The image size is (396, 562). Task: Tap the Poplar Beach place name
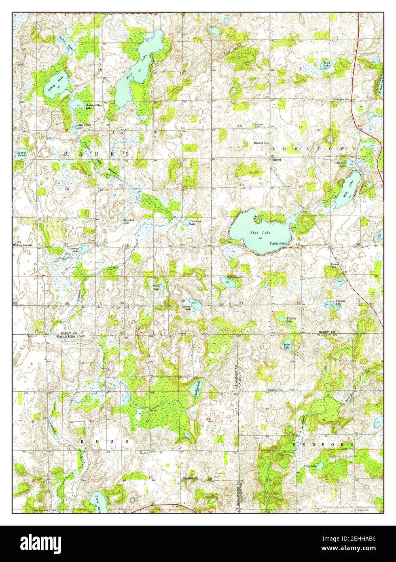(x=278, y=243)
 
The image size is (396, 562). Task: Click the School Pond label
(x=21, y=154)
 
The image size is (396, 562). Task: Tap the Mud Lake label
(x=326, y=64)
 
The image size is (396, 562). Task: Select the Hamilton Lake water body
(x=196, y=389)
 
